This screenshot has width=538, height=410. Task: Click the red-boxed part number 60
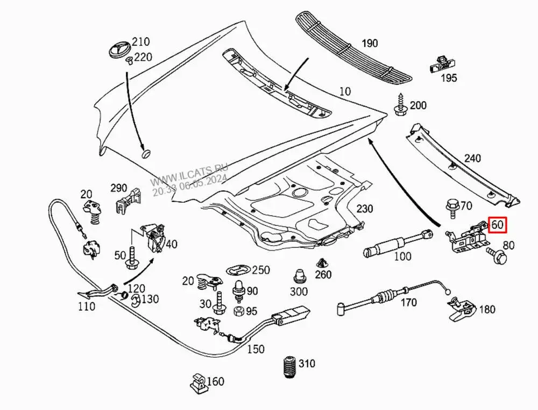tap(497, 225)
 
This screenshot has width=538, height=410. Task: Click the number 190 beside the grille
tap(369, 44)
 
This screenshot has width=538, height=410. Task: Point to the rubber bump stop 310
tap(289, 369)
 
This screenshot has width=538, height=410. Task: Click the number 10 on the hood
tap(345, 92)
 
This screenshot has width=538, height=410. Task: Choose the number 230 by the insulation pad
tap(364, 209)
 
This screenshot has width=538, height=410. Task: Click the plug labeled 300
tap(298, 276)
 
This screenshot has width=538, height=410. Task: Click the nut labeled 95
tap(237, 311)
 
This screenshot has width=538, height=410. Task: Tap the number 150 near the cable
tap(256, 349)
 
